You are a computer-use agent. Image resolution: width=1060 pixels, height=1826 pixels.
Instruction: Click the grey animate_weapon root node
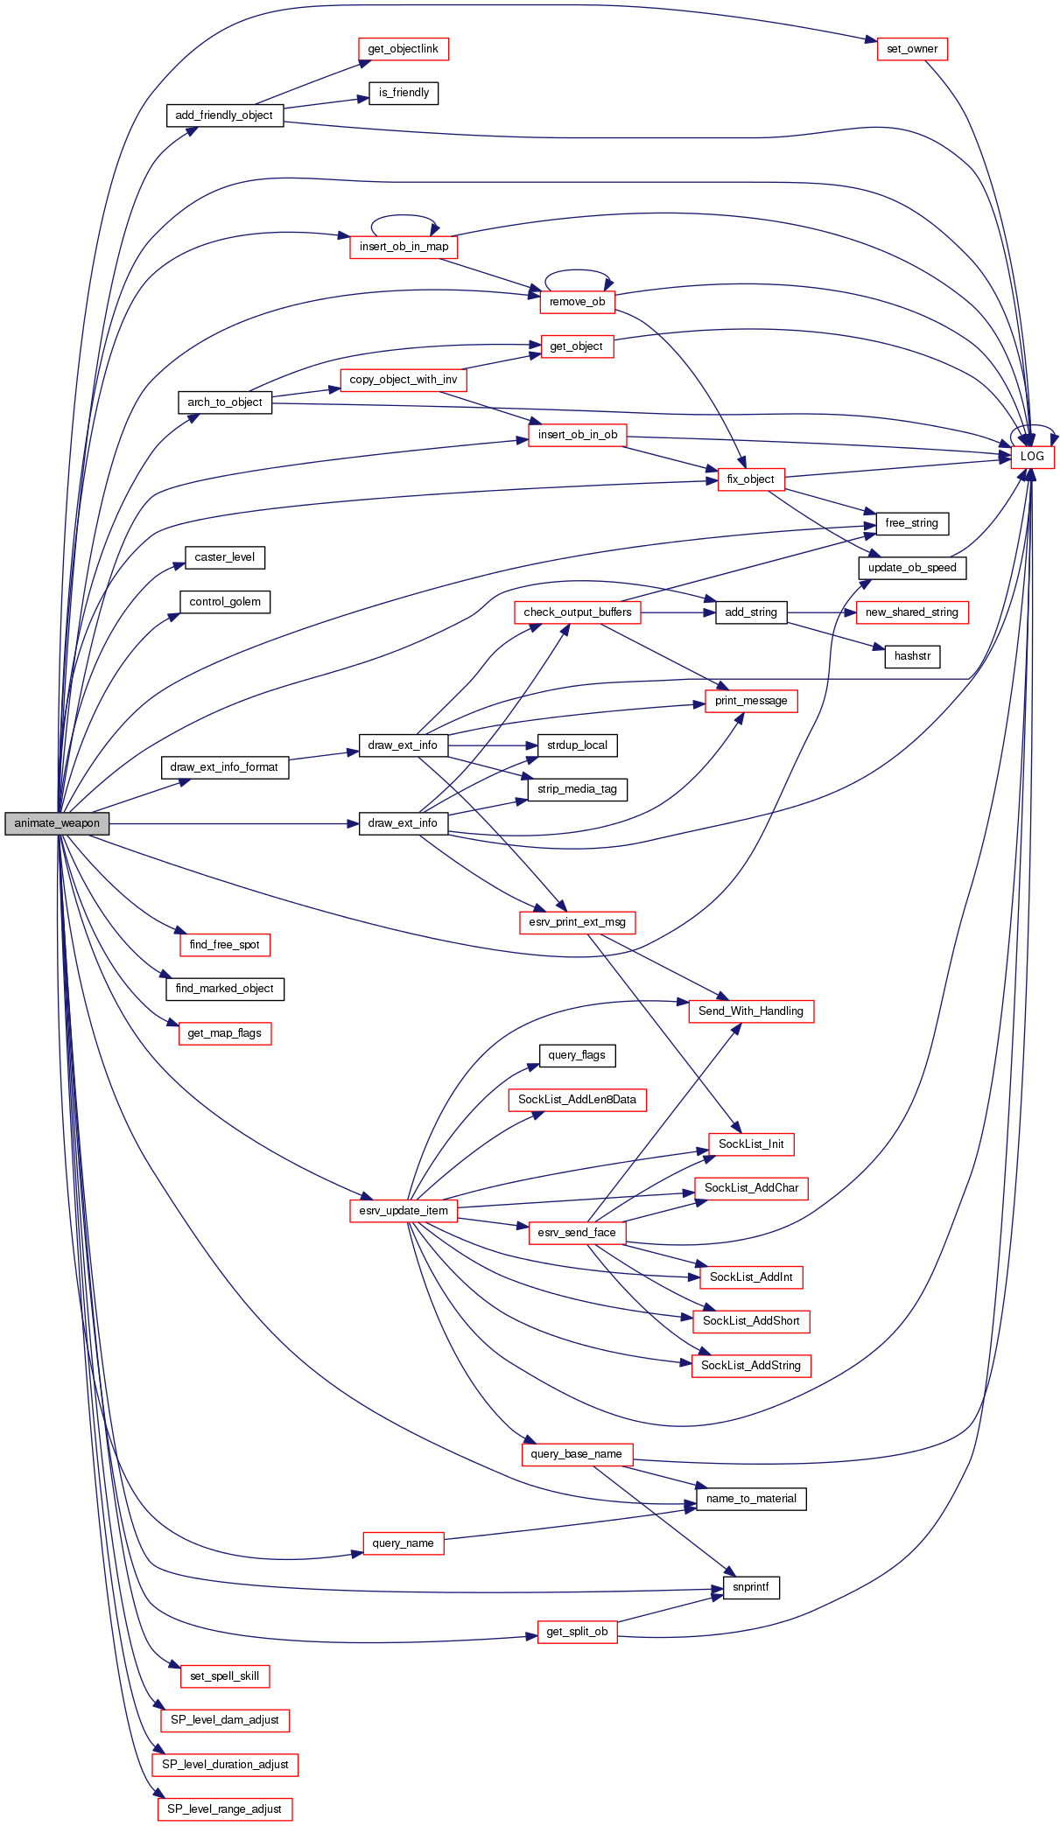57,823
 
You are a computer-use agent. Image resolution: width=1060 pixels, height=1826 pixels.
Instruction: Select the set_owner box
911,49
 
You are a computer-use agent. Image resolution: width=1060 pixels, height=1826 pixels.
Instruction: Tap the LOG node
1032,457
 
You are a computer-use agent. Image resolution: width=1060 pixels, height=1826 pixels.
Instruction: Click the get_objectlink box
403,49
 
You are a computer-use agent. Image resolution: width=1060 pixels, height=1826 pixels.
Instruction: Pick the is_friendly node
404,93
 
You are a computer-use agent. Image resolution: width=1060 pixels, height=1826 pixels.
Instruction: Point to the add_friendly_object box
224,115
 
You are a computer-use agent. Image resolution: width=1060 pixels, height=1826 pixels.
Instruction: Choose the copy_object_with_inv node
403,380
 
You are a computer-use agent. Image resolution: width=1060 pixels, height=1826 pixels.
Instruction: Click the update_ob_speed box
912,568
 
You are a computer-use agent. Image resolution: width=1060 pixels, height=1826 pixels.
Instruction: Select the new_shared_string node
911,612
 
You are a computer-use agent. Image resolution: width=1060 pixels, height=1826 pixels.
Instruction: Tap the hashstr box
912,656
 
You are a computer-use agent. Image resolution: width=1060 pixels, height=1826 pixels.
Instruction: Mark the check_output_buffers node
577,612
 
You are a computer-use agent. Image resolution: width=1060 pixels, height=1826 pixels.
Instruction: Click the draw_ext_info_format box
224,767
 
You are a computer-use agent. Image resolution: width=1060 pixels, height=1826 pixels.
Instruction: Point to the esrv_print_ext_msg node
577,922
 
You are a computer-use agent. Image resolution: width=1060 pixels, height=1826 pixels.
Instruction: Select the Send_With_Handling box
750,1011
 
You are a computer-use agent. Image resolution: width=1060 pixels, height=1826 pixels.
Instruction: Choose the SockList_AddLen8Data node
577,1100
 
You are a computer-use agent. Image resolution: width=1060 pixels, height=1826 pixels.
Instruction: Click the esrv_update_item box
403,1211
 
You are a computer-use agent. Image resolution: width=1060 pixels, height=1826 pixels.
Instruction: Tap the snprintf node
750,1587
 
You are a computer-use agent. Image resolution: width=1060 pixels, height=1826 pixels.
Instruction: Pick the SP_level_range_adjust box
224,1809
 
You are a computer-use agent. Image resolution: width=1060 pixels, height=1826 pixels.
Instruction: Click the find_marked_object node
224,989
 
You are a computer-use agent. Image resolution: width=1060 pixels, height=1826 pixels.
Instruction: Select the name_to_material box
750,1499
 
